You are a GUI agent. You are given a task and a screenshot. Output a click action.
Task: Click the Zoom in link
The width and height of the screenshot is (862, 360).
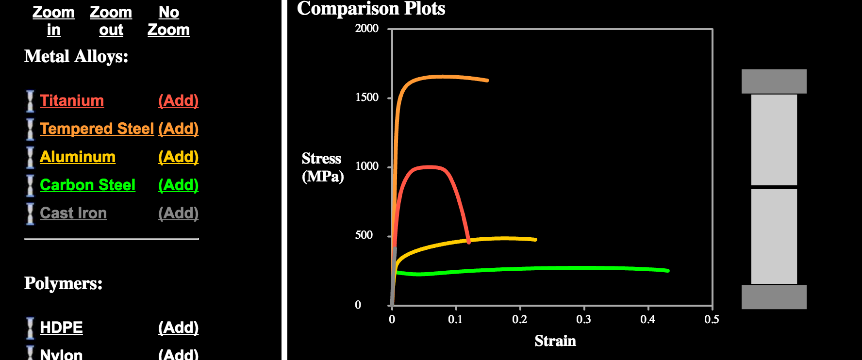click(x=53, y=21)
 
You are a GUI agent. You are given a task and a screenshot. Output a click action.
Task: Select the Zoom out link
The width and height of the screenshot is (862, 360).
click(x=111, y=21)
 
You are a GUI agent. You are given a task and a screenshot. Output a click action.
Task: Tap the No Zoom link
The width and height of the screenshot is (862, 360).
click(x=168, y=21)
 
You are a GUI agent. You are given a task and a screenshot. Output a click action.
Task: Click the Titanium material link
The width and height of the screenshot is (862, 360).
click(x=72, y=100)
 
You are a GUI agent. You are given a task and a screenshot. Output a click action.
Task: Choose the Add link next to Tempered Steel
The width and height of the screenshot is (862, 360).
click(x=178, y=129)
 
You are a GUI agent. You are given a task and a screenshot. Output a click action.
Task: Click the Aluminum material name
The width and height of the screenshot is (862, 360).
click(x=78, y=157)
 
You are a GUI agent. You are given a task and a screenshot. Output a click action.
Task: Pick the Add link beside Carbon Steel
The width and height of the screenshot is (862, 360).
click(x=178, y=185)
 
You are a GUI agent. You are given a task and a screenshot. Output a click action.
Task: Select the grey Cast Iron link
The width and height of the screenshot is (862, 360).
click(x=73, y=213)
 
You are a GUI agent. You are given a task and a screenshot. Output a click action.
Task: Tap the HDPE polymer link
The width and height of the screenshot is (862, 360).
click(x=61, y=327)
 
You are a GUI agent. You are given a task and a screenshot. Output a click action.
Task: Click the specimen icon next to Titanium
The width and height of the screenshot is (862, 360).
click(x=30, y=101)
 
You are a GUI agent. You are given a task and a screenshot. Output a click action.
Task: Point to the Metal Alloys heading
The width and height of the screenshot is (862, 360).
click(x=76, y=56)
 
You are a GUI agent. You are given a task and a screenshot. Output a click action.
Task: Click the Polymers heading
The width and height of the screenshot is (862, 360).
click(x=63, y=283)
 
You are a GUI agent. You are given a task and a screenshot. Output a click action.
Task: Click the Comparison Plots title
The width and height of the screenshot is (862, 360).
click(x=371, y=8)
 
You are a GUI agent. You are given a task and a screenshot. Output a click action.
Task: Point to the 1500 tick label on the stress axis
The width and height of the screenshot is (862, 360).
click(x=366, y=97)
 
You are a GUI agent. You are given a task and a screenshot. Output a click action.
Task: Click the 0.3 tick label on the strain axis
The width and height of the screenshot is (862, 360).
click(x=583, y=319)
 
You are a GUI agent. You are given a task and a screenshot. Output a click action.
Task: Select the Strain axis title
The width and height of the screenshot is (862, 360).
click(x=555, y=341)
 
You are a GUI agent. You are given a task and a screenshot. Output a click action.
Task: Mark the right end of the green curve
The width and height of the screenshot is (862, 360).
click(x=668, y=271)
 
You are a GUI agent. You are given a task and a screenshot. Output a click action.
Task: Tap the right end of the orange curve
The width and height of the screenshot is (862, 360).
click(x=487, y=80)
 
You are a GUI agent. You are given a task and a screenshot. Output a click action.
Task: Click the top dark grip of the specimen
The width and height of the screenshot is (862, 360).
click(x=774, y=82)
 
